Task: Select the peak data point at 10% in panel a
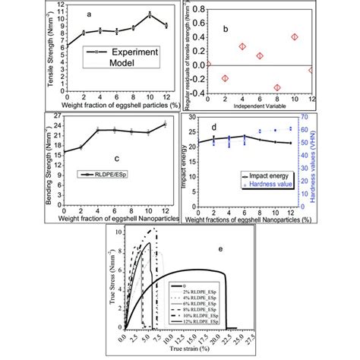150,14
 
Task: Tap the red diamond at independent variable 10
295,36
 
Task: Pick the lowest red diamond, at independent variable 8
277,87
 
